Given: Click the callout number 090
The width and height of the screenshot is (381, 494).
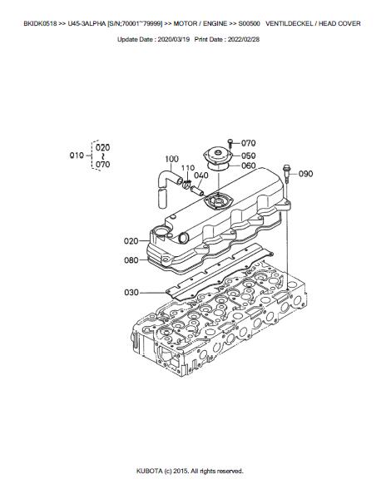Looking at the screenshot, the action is pos(305,174).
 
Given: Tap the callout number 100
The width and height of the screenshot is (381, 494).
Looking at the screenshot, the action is pos(171,159).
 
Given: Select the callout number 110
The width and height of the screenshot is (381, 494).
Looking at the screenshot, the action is pos(188,168).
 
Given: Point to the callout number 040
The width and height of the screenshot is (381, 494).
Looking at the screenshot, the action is pos(201,175).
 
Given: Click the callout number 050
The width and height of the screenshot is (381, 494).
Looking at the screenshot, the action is pos(249,156).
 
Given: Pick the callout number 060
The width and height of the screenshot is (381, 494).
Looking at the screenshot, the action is pos(249,165).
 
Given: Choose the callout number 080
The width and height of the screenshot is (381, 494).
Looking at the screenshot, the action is pos(131,260).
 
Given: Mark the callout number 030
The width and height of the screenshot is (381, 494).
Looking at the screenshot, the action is pos(131,293).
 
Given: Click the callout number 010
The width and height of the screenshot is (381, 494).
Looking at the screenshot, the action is pos(77,156).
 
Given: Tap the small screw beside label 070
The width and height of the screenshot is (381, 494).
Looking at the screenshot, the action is pos(230,143).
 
